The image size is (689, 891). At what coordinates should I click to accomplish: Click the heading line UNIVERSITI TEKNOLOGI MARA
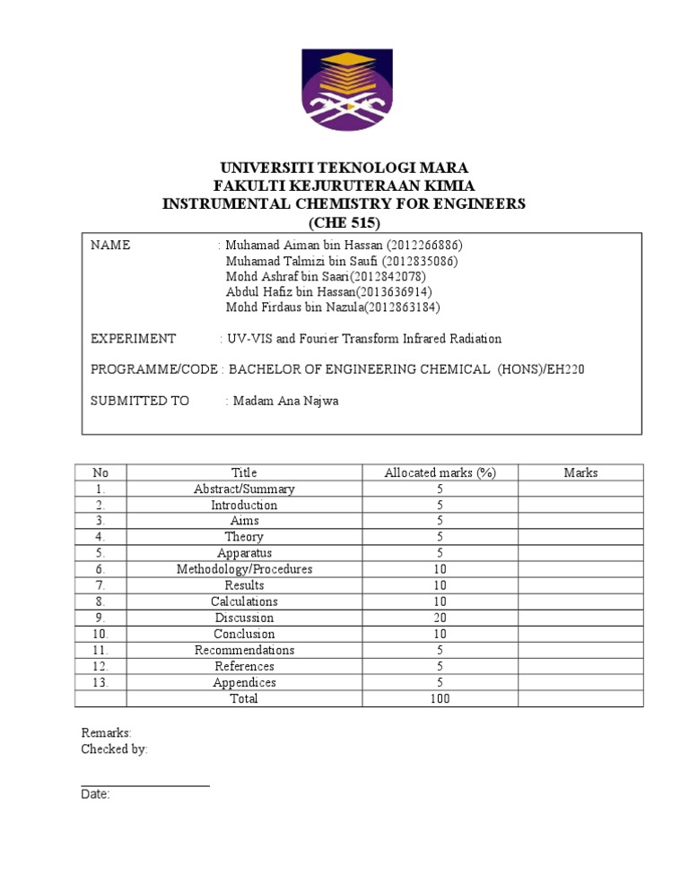pyautogui.click(x=344, y=169)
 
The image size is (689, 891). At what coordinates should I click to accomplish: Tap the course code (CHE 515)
pyautogui.click(x=344, y=222)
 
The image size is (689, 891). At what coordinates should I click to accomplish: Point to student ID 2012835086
pyautogui.click(x=421, y=262)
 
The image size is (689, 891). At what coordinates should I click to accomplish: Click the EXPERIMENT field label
pyautogui.click(x=134, y=339)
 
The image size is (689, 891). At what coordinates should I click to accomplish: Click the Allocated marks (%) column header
pyautogui.click(x=440, y=473)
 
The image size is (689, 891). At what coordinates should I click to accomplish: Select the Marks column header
pyautogui.click(x=580, y=473)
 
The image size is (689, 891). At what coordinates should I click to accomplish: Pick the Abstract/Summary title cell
pyautogui.click(x=244, y=489)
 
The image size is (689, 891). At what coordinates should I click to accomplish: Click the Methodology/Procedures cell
pyautogui.click(x=244, y=570)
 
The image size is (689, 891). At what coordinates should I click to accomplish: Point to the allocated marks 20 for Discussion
pyautogui.click(x=440, y=619)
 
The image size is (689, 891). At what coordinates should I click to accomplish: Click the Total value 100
pyautogui.click(x=440, y=699)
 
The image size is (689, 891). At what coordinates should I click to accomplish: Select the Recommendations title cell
pyautogui.click(x=244, y=651)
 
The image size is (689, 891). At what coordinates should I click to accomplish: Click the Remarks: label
pyautogui.click(x=107, y=733)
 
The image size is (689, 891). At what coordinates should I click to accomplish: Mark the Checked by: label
pyautogui.click(x=115, y=749)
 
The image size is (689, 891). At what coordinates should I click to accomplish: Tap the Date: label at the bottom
pyautogui.click(x=95, y=794)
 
